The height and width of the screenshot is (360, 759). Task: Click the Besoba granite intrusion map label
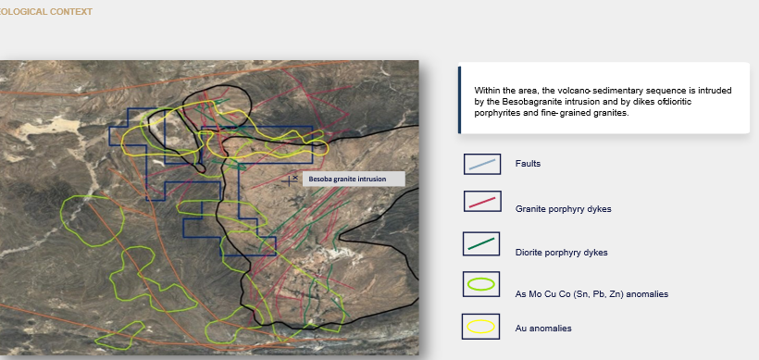[x=354, y=179]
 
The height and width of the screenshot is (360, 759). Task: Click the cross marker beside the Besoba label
[x=290, y=181]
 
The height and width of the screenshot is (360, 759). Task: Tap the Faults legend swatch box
[x=482, y=164]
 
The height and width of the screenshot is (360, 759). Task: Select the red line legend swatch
[x=481, y=202]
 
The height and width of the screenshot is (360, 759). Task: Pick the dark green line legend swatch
[x=481, y=244]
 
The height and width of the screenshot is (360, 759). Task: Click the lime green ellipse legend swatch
[x=481, y=284]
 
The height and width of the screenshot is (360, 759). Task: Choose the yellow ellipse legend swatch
[x=480, y=327]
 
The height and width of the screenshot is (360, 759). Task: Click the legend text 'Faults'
[x=529, y=164]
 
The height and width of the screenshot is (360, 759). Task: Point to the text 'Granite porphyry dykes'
[x=564, y=209]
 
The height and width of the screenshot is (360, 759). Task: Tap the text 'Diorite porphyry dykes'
[x=562, y=253]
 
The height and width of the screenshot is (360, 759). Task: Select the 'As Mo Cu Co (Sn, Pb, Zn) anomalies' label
[x=591, y=294]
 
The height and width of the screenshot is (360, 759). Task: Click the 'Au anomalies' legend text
[x=543, y=328]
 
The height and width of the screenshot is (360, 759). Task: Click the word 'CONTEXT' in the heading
[x=71, y=12]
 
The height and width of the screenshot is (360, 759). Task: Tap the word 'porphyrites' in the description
[x=494, y=113]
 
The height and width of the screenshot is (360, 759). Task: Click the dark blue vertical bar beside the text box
[x=459, y=99]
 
